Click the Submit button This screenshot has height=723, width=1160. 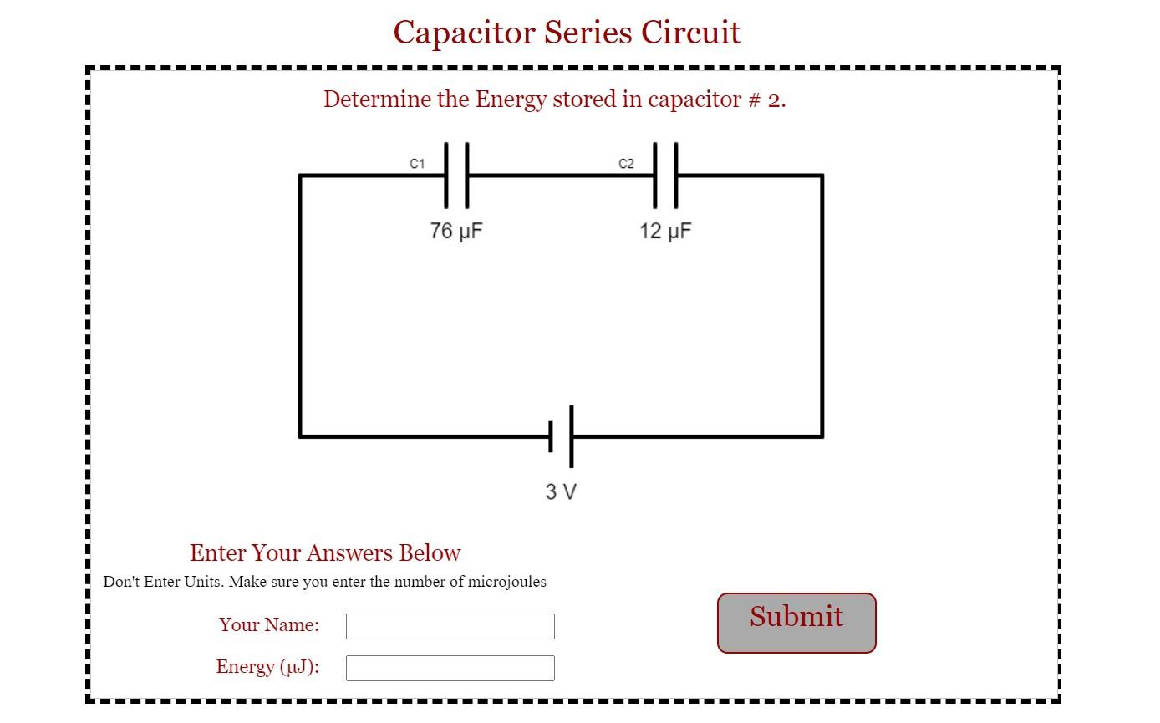796,623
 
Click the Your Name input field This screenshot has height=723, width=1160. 450,626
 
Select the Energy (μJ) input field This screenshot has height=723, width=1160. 450,668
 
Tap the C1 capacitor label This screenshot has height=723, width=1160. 417,164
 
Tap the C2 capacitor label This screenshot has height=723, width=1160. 626,164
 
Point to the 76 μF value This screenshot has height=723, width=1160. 456,231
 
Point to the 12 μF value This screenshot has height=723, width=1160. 665,231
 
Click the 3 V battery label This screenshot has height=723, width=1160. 561,491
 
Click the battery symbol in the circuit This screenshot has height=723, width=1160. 562,436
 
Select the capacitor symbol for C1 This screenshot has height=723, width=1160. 456,176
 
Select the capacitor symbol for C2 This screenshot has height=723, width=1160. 665,176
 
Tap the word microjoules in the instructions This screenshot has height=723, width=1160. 506,582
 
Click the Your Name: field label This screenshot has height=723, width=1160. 269,625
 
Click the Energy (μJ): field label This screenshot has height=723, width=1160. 267,667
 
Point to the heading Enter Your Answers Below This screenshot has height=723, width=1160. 325,553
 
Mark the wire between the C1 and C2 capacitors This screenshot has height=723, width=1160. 560,176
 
